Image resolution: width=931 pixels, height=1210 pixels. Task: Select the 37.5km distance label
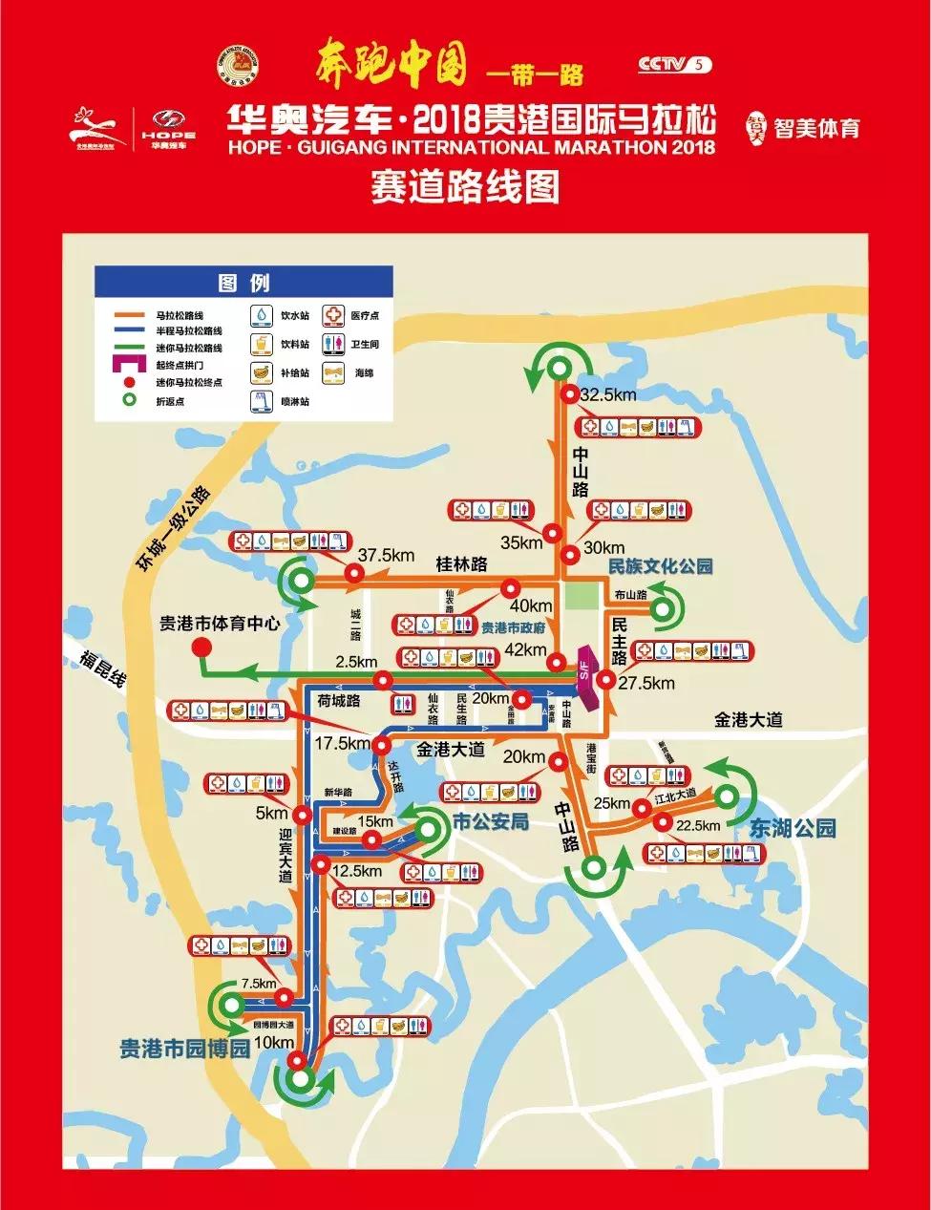point(385,555)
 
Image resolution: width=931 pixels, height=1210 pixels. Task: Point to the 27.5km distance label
point(646,683)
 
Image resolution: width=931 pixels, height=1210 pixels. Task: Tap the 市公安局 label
point(490,821)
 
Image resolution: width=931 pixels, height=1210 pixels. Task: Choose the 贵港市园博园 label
point(184,1048)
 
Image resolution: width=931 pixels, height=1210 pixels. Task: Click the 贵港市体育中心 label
point(220,623)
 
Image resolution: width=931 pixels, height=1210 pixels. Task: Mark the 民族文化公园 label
point(661,565)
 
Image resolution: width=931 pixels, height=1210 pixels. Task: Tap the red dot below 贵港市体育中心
point(201,647)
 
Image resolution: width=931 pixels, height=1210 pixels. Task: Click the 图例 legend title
point(243,283)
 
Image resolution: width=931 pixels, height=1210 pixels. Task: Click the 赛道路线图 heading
point(465,185)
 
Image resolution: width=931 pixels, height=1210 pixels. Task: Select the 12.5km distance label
point(358,871)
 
